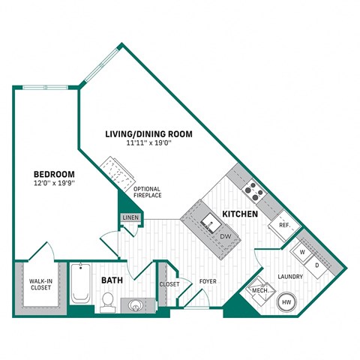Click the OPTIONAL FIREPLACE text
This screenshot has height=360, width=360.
coord(148,192)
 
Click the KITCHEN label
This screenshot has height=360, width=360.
coord(240,214)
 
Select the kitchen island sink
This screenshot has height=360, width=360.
coord(211,222)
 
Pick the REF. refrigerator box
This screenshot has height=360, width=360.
coord(285,225)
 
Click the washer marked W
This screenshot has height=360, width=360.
coord(304,253)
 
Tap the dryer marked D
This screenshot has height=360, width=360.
coord(316,265)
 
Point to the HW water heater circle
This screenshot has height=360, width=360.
coord(286,303)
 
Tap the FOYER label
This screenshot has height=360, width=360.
coord(208,282)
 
